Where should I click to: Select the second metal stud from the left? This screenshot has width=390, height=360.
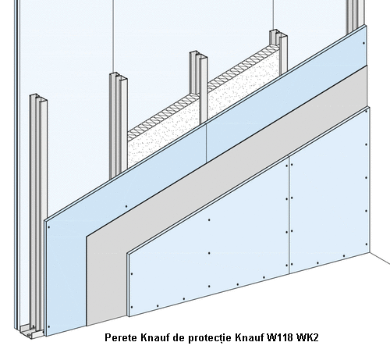tap(119, 125)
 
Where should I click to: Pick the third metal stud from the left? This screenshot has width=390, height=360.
tap(198, 86)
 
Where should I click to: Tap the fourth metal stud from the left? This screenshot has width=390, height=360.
tap(278, 52)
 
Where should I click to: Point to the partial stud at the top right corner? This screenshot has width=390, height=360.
tap(355, 16)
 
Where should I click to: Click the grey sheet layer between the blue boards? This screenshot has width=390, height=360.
tap(226, 166)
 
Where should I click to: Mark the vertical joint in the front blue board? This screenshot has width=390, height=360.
tap(289, 214)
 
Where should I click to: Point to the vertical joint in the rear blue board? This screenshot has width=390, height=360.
tap(207, 142)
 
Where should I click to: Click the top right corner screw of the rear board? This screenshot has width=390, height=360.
tap(363, 43)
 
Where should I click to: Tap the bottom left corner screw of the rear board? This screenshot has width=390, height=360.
tap(49, 327)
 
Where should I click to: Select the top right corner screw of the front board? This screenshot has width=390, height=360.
tap(366, 111)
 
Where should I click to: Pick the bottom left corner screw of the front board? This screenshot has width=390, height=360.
tap(132, 307)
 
